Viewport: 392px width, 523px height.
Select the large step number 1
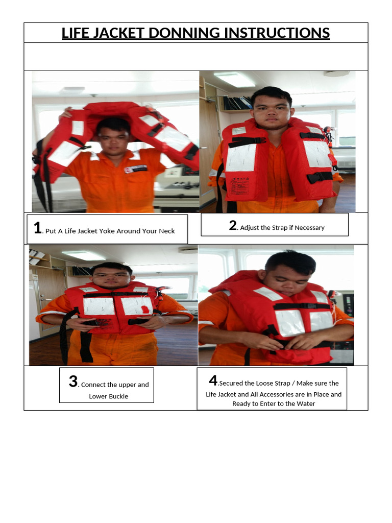(38, 228)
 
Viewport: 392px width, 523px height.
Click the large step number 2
(233, 225)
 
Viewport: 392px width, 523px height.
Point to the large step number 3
(73, 381)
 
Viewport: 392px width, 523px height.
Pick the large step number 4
(213, 380)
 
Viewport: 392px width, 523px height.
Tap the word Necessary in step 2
(309, 228)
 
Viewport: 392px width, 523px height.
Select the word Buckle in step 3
(118, 396)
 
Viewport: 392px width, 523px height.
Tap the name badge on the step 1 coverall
(135, 169)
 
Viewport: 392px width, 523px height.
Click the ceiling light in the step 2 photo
(235, 79)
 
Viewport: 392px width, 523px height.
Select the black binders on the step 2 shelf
(237, 103)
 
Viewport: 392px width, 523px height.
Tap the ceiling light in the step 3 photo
(83, 255)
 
